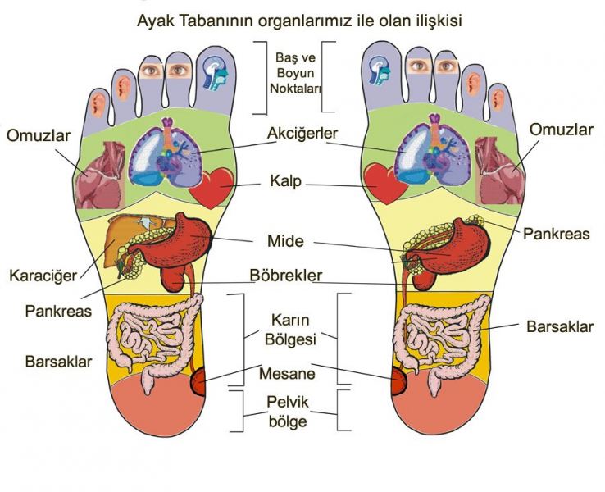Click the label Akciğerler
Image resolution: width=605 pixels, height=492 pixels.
(x=302, y=133)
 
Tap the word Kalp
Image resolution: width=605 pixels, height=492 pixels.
(x=302, y=180)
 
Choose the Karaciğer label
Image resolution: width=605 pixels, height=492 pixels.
(x=42, y=275)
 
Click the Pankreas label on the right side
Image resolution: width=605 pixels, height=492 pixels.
(x=557, y=234)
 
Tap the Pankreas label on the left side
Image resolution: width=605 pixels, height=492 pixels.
(x=58, y=312)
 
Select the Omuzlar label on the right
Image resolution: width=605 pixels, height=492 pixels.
(x=561, y=130)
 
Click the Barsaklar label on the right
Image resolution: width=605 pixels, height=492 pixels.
(x=560, y=326)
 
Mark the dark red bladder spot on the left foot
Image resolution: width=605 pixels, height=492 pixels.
(x=198, y=383)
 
